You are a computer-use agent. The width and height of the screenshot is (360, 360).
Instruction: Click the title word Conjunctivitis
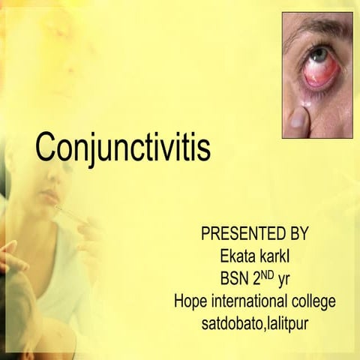point(123,148)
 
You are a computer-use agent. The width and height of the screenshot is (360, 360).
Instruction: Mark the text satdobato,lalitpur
point(254,325)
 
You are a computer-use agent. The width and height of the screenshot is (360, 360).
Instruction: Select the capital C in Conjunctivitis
point(46,148)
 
